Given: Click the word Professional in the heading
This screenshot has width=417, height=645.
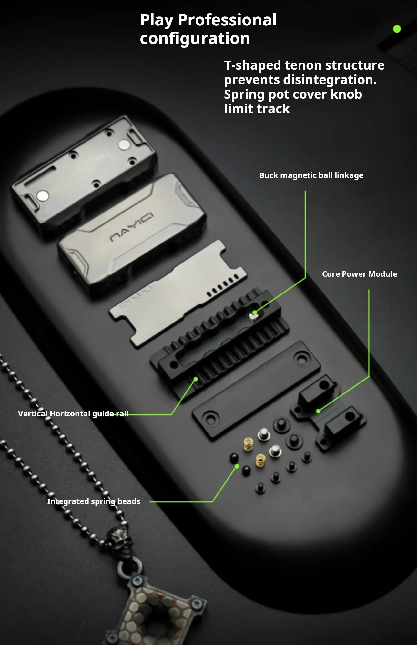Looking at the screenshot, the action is pos(227,20).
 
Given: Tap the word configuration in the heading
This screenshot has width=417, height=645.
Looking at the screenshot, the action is pos(195,39).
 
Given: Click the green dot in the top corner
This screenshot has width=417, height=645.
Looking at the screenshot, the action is pos(397,29).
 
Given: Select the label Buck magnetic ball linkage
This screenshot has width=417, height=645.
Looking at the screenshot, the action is pos(311,175).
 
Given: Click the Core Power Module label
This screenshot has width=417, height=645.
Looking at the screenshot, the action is pos(360,274).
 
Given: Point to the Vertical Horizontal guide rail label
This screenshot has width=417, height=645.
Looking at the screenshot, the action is pos(73,414).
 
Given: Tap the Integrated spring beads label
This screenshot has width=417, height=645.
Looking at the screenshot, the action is pos(94,501).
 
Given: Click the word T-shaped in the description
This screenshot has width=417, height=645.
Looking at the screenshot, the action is pos(252,65).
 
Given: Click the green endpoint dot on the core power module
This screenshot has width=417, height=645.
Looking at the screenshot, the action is pos(318,411).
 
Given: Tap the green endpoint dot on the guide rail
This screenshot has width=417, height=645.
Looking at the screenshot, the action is pos(196,379).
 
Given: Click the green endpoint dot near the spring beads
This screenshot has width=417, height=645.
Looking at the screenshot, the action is pos(237,466).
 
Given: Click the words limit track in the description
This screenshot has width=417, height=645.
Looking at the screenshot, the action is pos(257,109).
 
